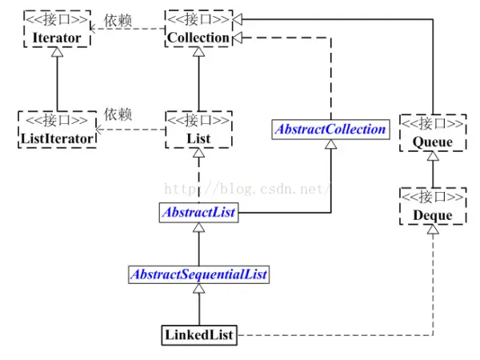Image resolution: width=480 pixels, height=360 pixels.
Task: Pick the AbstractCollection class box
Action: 330,130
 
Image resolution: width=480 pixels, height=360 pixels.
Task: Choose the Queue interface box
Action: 433,134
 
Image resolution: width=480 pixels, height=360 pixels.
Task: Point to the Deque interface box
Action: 433,207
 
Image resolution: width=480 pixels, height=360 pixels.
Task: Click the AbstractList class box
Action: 198,214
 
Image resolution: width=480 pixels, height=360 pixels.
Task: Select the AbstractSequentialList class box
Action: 198,274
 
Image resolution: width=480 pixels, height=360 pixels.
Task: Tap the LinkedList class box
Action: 198,335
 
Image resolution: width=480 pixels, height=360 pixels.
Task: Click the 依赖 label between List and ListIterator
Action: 118,114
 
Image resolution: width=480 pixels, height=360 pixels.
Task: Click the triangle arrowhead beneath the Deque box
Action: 433,230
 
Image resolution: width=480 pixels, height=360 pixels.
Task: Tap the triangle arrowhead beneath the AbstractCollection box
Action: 330,145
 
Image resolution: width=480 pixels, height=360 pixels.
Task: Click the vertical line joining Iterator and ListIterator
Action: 58,80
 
